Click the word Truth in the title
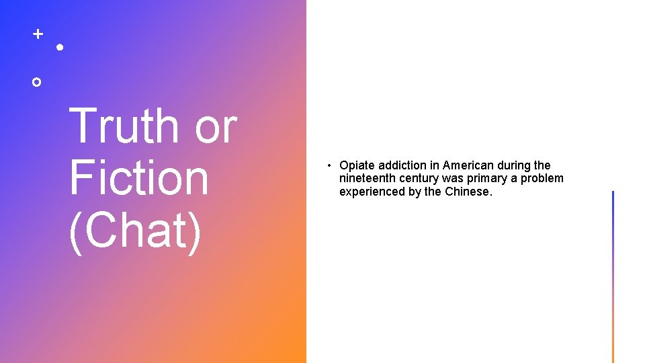point(124,126)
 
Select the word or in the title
point(215,126)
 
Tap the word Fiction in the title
point(138,177)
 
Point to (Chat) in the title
point(134,230)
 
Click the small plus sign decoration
point(38,33)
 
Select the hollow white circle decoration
point(37,81)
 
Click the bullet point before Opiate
point(330,165)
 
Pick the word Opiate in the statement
point(357,165)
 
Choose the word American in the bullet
point(468,165)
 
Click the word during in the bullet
point(514,165)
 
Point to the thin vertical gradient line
point(613,276)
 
